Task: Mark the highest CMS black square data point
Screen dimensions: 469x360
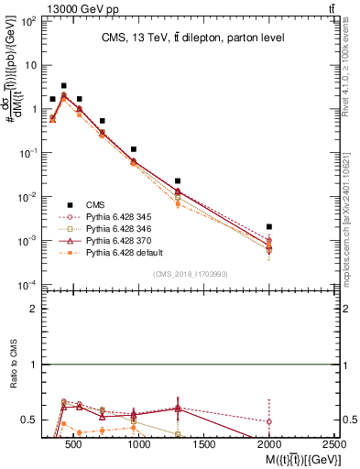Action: [x=63, y=85]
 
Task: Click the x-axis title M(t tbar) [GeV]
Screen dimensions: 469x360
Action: [x=287, y=457]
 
